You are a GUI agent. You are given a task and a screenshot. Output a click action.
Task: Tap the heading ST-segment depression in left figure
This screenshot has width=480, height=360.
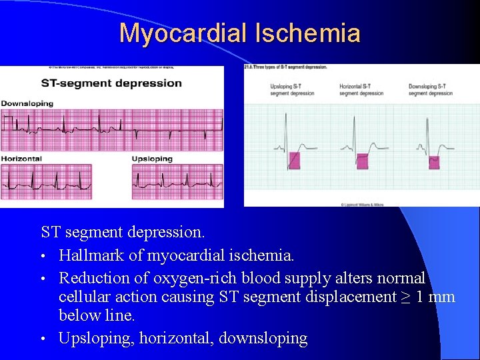111,83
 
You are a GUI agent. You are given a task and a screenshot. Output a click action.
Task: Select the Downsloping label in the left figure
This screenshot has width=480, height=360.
27,103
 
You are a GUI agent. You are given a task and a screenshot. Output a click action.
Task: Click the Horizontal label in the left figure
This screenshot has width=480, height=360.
21,159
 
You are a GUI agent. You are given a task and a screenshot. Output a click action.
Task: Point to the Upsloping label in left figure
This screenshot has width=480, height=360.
152,159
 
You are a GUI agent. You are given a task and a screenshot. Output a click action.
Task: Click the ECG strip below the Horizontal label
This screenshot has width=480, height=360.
47,181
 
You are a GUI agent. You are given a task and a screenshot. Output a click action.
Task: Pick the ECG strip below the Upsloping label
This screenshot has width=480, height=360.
177,181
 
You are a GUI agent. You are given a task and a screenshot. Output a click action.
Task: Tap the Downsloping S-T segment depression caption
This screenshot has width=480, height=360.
431,90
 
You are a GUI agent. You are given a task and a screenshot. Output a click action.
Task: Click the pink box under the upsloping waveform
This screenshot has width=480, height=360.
294,160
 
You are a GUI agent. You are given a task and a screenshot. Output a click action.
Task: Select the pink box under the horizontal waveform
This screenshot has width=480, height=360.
362,161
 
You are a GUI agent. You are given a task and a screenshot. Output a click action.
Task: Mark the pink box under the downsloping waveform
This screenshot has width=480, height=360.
433,161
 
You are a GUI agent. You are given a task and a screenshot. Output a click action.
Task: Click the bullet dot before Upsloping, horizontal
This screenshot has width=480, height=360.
44,339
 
